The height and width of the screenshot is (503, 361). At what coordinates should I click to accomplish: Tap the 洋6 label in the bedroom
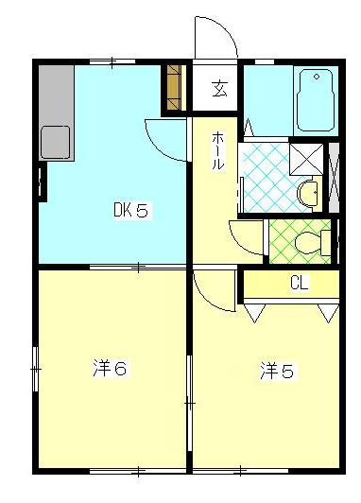pos(110,368)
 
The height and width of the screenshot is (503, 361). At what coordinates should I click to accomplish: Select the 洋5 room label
pos(276,372)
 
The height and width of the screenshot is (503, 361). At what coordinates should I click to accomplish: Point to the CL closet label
pos(299,282)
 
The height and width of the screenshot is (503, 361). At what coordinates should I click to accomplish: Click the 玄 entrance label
pos(219,91)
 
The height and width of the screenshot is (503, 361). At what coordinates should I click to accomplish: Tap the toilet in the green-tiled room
pos(308,242)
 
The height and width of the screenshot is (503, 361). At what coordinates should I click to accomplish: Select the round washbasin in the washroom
pos(307,194)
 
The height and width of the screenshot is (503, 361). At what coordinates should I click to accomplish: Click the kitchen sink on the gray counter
pos(56,143)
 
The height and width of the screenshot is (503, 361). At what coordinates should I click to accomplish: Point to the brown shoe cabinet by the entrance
pos(174,87)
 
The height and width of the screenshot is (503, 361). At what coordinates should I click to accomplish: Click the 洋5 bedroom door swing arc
pos(214,288)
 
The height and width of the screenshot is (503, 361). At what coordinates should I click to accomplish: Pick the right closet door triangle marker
pos(327,310)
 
